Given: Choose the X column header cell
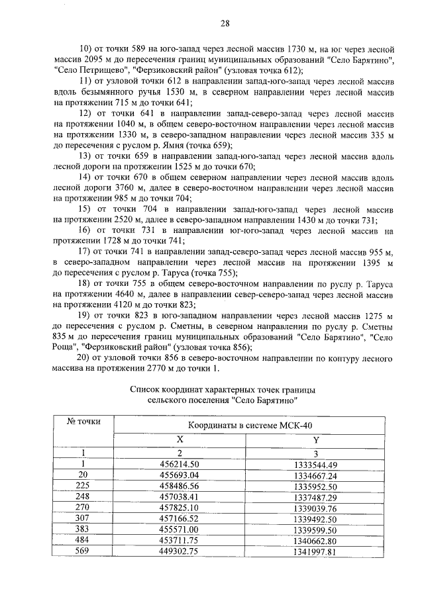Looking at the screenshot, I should click(180, 439).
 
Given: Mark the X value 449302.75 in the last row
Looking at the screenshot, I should click(180, 551).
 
